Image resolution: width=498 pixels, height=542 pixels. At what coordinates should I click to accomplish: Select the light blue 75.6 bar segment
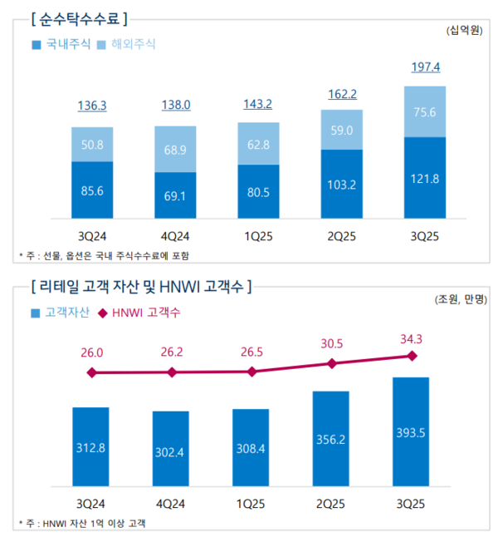(x=423, y=112)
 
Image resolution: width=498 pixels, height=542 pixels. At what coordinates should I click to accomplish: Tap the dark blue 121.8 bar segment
(x=423, y=180)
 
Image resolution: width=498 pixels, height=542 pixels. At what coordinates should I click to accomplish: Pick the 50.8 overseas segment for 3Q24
(x=92, y=144)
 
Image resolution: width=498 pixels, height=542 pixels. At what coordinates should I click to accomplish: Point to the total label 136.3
(x=92, y=106)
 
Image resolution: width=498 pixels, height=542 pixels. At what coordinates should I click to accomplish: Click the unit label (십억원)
(x=464, y=30)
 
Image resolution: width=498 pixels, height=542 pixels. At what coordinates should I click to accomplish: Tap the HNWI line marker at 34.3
(x=411, y=356)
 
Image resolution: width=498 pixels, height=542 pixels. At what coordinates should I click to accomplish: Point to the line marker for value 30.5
(x=332, y=363)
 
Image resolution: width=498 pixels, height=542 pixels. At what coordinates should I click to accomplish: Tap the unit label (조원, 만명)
(x=456, y=300)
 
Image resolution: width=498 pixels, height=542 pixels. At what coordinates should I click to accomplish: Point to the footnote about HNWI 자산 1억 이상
(x=87, y=523)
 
